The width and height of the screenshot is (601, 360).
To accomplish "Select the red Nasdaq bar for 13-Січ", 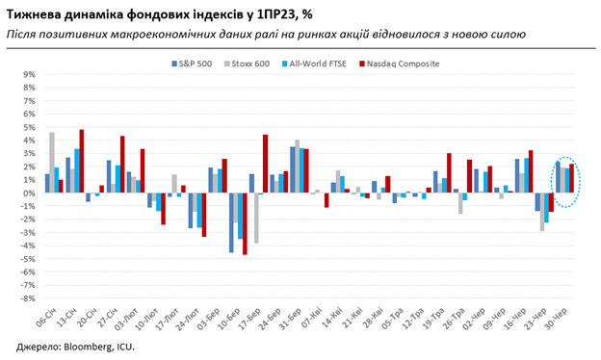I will tap(82, 161).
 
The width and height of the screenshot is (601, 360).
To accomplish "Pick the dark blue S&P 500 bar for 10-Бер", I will tap(231, 222).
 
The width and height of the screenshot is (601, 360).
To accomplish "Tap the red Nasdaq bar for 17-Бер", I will tap(265, 164).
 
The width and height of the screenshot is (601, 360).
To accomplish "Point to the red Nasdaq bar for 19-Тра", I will tap(449, 173).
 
